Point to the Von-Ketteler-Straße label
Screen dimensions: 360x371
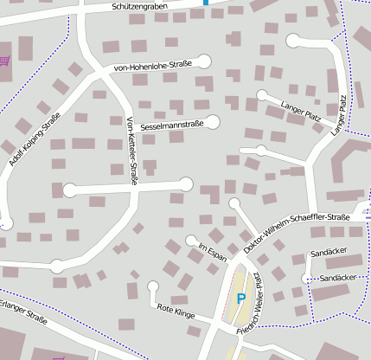coord(131,150)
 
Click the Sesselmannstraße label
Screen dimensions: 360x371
coord(165,125)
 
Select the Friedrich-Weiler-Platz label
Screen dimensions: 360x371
coord(257,300)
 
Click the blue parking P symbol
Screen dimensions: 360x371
coord(241,299)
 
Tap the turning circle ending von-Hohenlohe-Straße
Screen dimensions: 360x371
coord(205,61)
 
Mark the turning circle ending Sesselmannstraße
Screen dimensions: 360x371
coord(213,122)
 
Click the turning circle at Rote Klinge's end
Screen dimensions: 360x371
coord(153,286)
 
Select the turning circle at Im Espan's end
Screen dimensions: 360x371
coord(191,241)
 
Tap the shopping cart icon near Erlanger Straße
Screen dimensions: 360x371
coord(59,357)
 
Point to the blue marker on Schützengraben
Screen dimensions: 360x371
coord(206,3)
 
